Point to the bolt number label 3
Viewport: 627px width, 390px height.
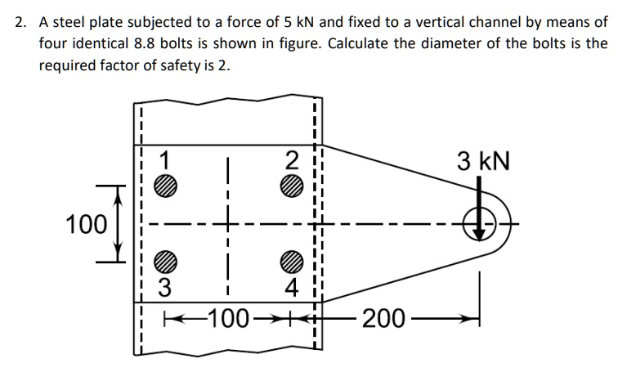tap(166, 288)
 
